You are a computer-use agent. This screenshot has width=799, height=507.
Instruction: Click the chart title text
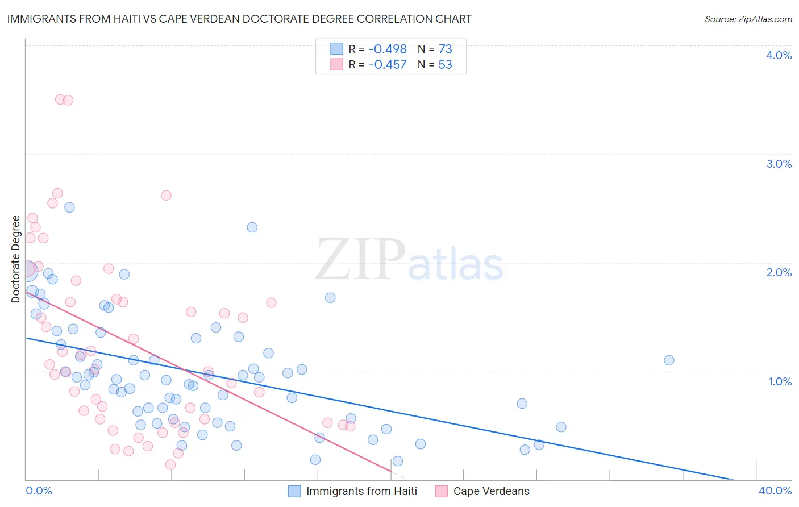coord(239,19)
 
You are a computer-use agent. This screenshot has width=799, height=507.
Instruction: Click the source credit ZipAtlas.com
coord(748,19)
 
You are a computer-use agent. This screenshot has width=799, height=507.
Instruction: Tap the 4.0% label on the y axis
coord(779,55)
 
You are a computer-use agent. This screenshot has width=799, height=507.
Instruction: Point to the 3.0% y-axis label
coord(779,164)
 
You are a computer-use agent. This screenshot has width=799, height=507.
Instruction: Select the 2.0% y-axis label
coord(779,272)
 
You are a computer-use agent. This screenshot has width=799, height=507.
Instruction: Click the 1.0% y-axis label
coord(780,381)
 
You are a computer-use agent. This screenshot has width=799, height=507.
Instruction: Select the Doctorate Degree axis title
coord(16,259)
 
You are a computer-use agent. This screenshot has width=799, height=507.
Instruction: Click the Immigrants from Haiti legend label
coord(361,492)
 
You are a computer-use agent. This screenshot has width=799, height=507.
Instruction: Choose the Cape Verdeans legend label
coord(491,492)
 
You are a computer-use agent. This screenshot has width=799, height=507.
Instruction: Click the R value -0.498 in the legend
coord(388,49)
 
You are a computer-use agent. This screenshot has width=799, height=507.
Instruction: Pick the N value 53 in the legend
coord(445,65)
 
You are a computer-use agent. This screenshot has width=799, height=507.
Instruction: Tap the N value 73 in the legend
coord(445,49)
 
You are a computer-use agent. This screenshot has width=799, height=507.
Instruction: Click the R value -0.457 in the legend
coord(388,65)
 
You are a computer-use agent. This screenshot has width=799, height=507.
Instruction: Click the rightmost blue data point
coord(669,360)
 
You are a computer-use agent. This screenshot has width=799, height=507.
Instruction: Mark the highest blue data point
coord(69,207)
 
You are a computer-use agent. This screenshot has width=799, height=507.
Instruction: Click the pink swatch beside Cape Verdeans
coord(442,492)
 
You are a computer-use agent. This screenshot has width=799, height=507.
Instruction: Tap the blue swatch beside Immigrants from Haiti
coord(294,492)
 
